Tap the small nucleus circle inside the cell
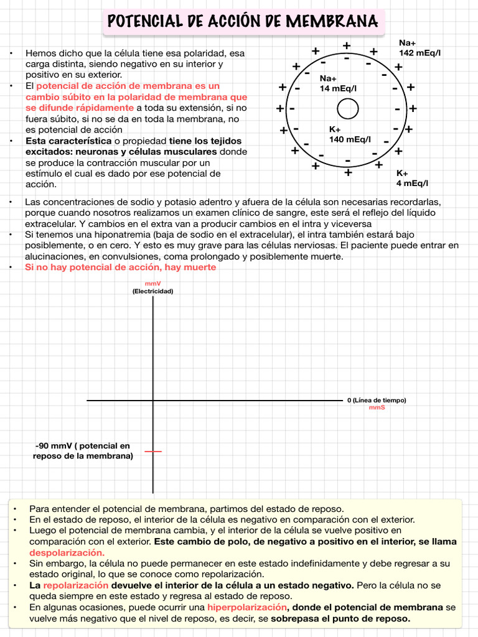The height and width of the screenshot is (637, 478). (x=348, y=109)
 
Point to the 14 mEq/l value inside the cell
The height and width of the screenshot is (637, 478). (x=339, y=89)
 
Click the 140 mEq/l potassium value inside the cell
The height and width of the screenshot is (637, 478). (x=350, y=139)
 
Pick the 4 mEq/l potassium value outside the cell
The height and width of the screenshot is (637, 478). (x=412, y=184)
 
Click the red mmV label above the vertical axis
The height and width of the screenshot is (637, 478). (x=152, y=284)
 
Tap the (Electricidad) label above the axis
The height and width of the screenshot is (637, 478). (x=152, y=291)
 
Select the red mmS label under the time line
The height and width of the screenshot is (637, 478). (x=377, y=407)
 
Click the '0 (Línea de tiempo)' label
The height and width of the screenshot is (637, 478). (x=377, y=400)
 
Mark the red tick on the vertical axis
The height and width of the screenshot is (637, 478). (x=153, y=451)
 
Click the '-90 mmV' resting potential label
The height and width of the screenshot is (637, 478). (x=83, y=451)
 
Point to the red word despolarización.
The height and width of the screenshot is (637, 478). (x=67, y=552)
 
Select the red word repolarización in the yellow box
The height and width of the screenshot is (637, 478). (x=76, y=585)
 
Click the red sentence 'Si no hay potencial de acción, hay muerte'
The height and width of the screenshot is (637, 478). (x=120, y=267)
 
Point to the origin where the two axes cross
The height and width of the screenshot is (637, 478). (x=153, y=400)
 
